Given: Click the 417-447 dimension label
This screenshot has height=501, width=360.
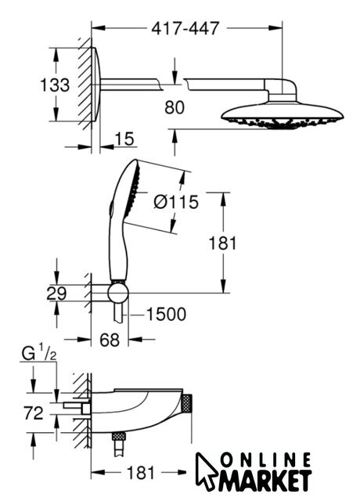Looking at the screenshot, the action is pos(185,28).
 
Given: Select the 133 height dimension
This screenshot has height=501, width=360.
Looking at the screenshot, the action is pos(55,85).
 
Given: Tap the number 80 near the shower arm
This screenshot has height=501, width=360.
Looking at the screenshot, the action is pos(175,107).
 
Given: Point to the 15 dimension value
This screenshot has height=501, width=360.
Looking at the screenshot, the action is pos(124,139).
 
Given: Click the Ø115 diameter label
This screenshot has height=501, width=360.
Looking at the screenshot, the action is pos(176,202).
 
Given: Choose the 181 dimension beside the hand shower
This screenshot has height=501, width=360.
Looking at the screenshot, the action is pos(222,243).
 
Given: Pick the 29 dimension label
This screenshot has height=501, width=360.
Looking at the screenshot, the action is pos(56,294).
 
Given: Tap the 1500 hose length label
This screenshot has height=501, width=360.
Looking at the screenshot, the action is pos(166,314).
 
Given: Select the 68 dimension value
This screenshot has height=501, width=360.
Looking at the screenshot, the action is pos(110,340).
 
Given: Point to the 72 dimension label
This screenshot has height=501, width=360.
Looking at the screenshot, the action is pos(33,413).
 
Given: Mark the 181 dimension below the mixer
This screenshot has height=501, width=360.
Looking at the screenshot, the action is pos(141,472).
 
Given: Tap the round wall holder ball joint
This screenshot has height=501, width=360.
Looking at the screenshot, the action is pos(118,294).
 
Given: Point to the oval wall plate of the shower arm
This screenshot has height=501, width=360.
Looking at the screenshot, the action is pos(96,85).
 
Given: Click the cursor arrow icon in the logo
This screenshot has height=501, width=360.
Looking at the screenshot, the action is pos(206,470).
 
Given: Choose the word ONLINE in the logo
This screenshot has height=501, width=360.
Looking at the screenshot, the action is pos(266,460).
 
